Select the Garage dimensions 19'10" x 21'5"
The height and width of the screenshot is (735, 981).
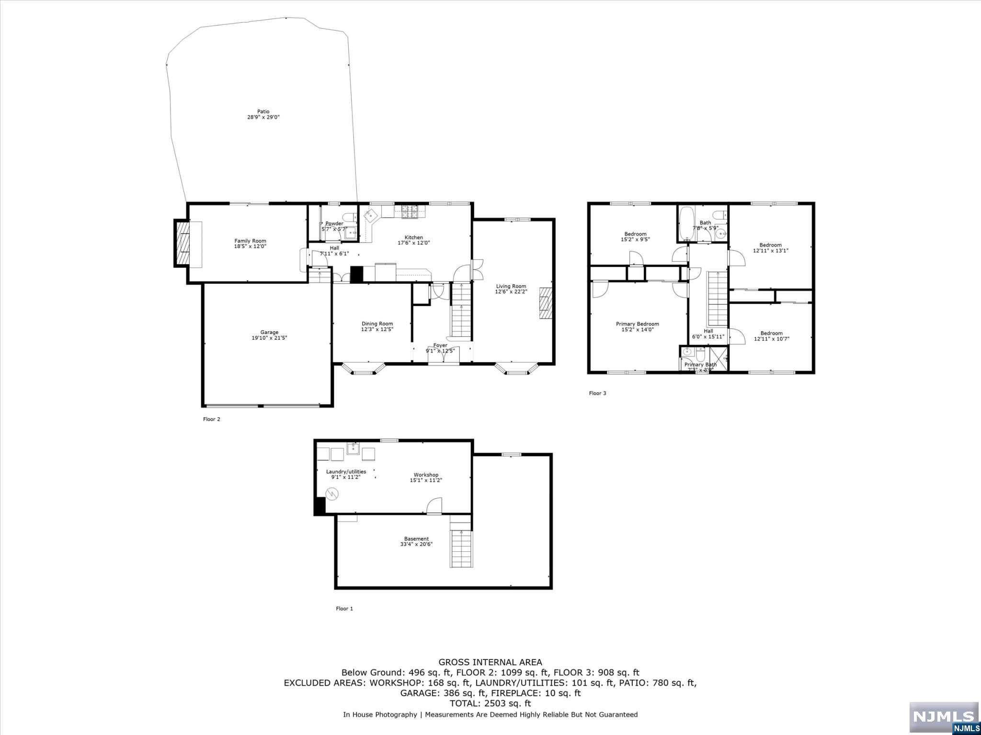click(269, 338)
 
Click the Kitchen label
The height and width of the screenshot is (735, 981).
click(414, 237)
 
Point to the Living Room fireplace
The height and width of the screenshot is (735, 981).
click(546, 302)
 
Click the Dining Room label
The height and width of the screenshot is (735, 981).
click(377, 323)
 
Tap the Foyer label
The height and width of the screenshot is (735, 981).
click(440, 345)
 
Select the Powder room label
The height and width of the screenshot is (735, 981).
click(334, 223)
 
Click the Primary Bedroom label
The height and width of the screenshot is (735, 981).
click(637, 324)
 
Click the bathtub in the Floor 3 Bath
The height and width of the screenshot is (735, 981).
click(685, 223)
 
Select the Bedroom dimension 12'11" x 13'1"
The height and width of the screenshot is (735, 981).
click(770, 250)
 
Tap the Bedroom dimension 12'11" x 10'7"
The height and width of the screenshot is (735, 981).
click(771, 339)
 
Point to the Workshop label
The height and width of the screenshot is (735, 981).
click(426, 475)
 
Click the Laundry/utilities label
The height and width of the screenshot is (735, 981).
click(346, 471)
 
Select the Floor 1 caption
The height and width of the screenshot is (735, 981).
click(344, 609)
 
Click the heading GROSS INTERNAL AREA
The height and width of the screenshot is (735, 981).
click(490, 662)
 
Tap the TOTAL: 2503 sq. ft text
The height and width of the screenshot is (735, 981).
click(490, 703)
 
